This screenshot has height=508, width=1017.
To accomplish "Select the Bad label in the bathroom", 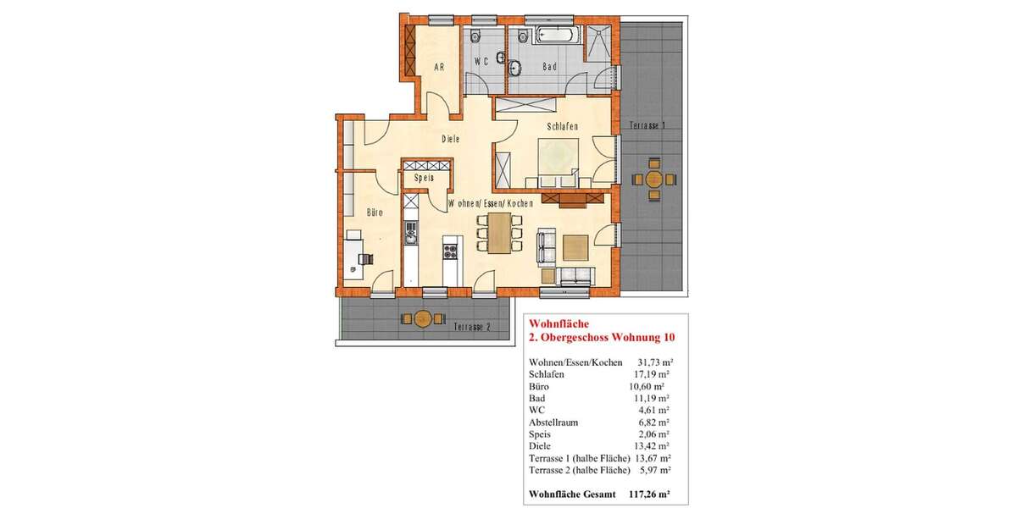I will [549, 66].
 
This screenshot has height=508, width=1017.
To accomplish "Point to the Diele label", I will [450, 140].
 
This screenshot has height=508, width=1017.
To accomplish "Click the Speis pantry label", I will [424, 179].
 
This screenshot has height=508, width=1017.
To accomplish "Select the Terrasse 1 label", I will [647, 125].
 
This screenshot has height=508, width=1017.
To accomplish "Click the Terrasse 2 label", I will [471, 327].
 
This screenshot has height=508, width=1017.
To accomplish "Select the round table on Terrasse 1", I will [653, 179].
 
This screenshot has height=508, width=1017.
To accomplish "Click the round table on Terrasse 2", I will [421, 318].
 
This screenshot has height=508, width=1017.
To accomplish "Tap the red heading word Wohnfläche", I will [554, 323].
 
